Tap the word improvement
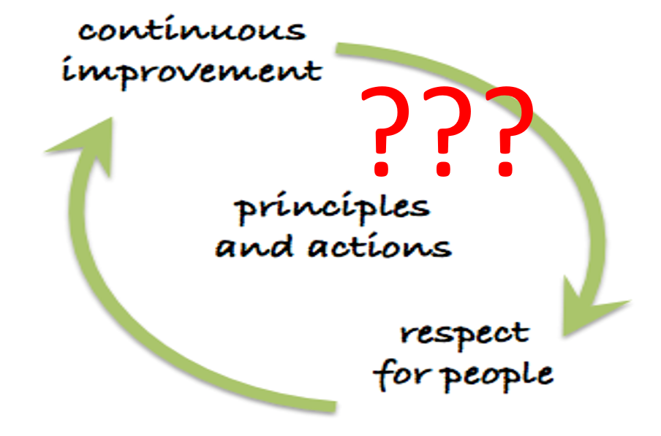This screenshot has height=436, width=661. [192, 72]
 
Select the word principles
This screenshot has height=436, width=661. [332, 208]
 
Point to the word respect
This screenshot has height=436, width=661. [464, 335]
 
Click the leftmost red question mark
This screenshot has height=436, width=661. [385, 131]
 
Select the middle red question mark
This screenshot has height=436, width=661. [447, 131]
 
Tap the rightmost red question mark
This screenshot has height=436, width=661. [509, 131]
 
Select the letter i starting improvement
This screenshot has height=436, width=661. [67, 72]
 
